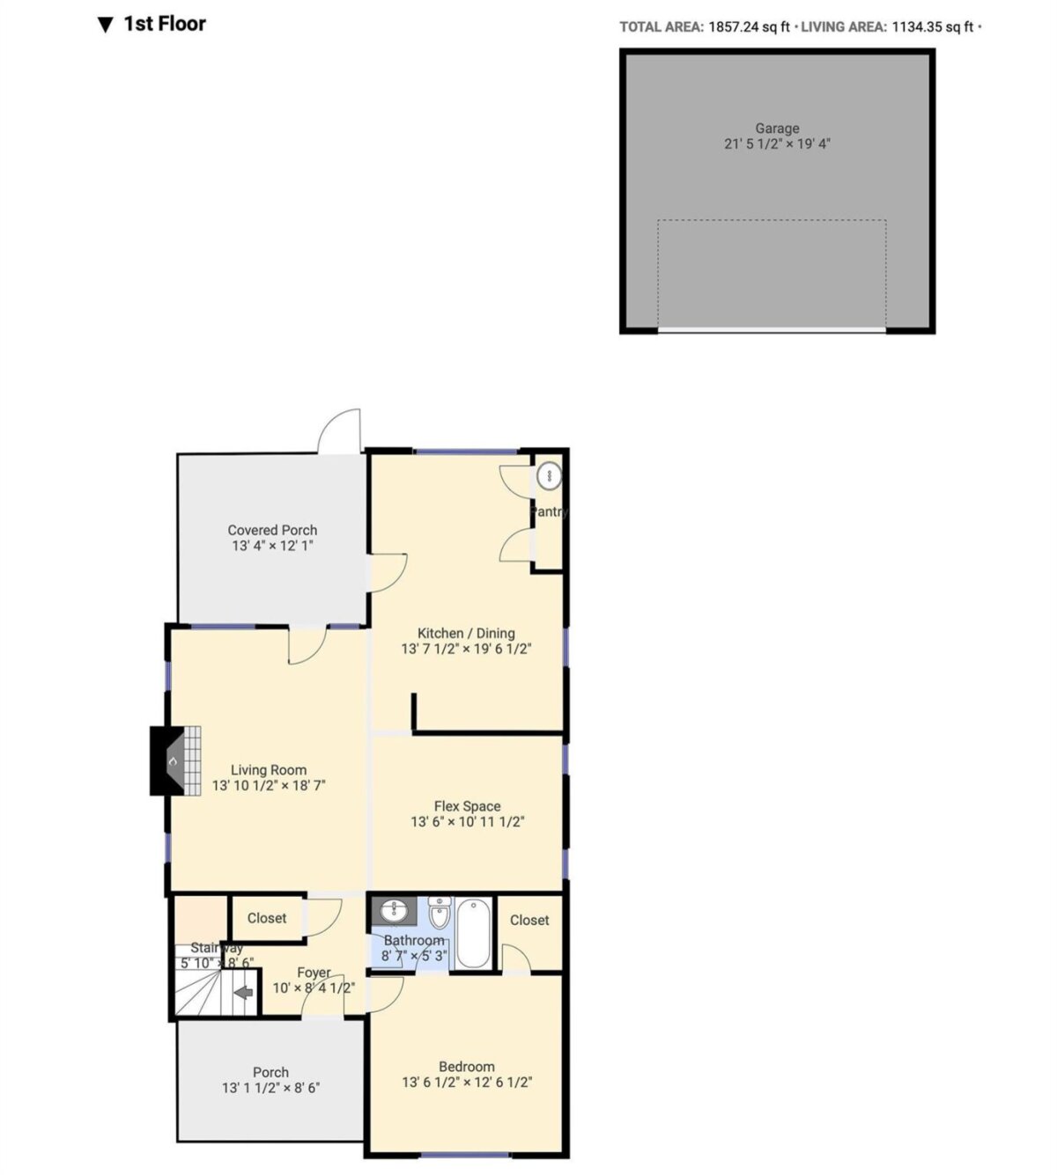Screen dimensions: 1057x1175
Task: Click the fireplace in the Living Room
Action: point(175,760)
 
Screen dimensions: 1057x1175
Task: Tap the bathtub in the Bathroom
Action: point(474,934)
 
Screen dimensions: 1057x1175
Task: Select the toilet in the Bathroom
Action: point(440,913)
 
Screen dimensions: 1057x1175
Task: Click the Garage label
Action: point(777,129)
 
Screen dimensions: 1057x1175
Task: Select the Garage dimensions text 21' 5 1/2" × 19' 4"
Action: point(777,144)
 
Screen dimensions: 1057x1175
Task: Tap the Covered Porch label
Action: point(272,530)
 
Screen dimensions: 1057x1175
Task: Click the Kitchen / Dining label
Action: point(466,633)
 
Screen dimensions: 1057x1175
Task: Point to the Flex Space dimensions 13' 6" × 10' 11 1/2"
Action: point(467,822)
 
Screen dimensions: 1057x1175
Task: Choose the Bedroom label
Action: point(467,1067)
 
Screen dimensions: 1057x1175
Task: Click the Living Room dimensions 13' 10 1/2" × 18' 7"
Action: point(269,785)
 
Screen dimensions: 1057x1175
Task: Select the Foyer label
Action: point(314,973)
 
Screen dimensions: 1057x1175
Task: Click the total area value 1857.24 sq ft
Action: point(750,27)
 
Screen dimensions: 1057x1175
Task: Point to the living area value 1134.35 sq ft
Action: point(932,27)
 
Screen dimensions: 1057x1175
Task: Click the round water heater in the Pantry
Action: point(550,475)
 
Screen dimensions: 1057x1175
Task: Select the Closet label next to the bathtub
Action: point(529,921)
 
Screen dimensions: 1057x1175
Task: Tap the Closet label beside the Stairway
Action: point(267,918)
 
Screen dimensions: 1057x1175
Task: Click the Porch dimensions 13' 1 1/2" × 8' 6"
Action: point(270,1088)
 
